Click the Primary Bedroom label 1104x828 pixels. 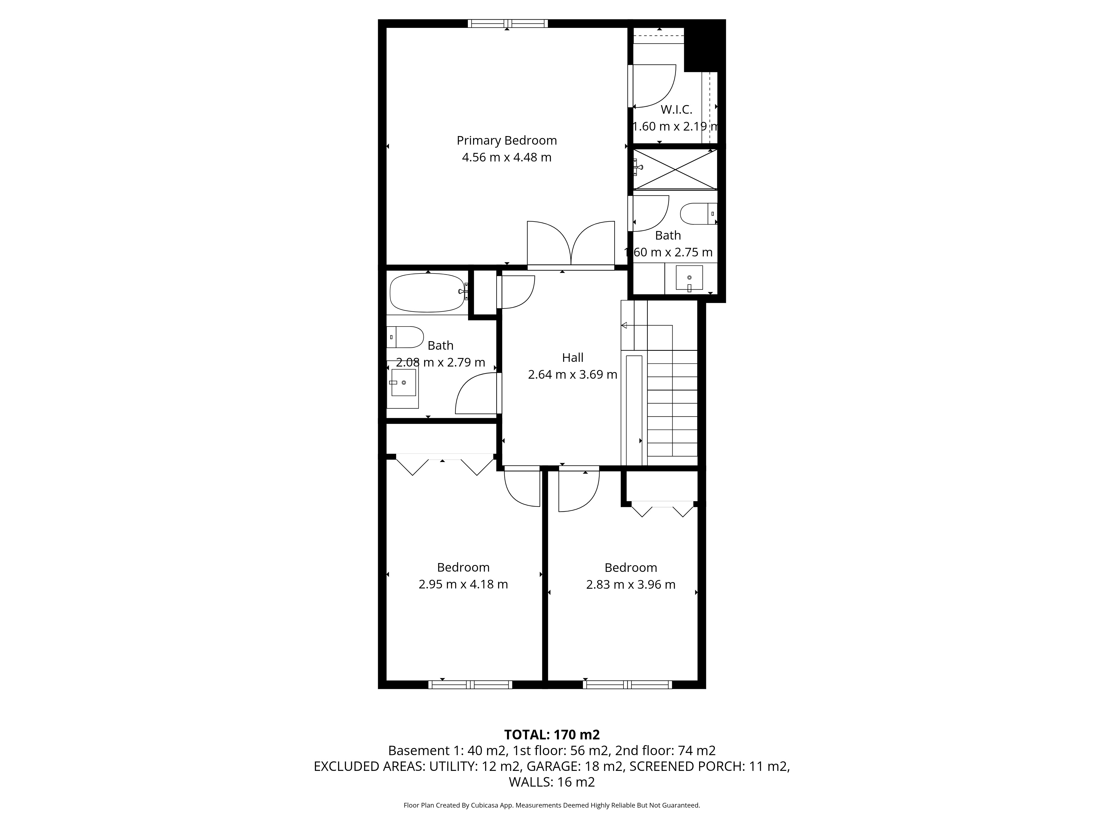[506, 141]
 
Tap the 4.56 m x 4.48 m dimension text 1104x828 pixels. [506, 158]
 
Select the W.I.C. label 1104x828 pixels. [676, 110]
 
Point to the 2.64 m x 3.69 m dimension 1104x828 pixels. [572, 374]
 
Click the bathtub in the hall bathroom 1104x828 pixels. [428, 293]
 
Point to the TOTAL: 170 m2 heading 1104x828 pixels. [552, 735]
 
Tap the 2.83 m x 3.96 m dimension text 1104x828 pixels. [631, 585]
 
